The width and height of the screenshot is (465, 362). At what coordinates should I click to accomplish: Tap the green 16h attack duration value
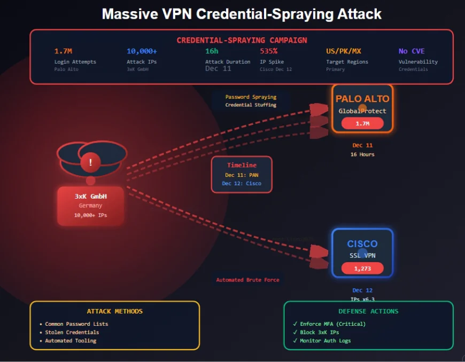click(x=212, y=51)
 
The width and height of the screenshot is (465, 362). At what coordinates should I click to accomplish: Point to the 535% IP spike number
click(x=268, y=51)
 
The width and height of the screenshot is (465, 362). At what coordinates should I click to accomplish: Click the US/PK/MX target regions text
click(x=343, y=51)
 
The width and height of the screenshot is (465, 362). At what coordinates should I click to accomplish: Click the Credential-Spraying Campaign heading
click(x=242, y=40)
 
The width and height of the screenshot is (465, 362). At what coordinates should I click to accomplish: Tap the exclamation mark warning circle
click(x=91, y=162)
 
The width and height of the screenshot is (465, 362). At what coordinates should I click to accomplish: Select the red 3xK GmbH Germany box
click(x=90, y=206)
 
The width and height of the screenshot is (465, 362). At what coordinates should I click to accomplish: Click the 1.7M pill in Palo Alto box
click(x=362, y=123)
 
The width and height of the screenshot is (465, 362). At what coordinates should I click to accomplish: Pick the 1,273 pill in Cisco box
click(x=362, y=268)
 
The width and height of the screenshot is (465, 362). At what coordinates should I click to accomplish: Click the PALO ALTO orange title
click(x=362, y=99)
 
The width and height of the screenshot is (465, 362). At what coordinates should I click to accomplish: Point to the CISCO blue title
click(x=362, y=244)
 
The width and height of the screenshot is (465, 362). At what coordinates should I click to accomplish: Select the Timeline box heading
click(x=242, y=165)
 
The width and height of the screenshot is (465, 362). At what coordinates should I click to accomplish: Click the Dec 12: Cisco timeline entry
click(x=242, y=183)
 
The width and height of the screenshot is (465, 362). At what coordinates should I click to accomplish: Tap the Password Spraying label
click(x=251, y=97)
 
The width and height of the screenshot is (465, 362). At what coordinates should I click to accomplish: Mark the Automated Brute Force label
click(x=247, y=280)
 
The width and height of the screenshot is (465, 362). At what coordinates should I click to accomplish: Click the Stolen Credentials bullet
click(x=64, y=332)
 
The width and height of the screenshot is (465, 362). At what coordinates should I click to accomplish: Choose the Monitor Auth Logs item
click(x=325, y=341)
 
